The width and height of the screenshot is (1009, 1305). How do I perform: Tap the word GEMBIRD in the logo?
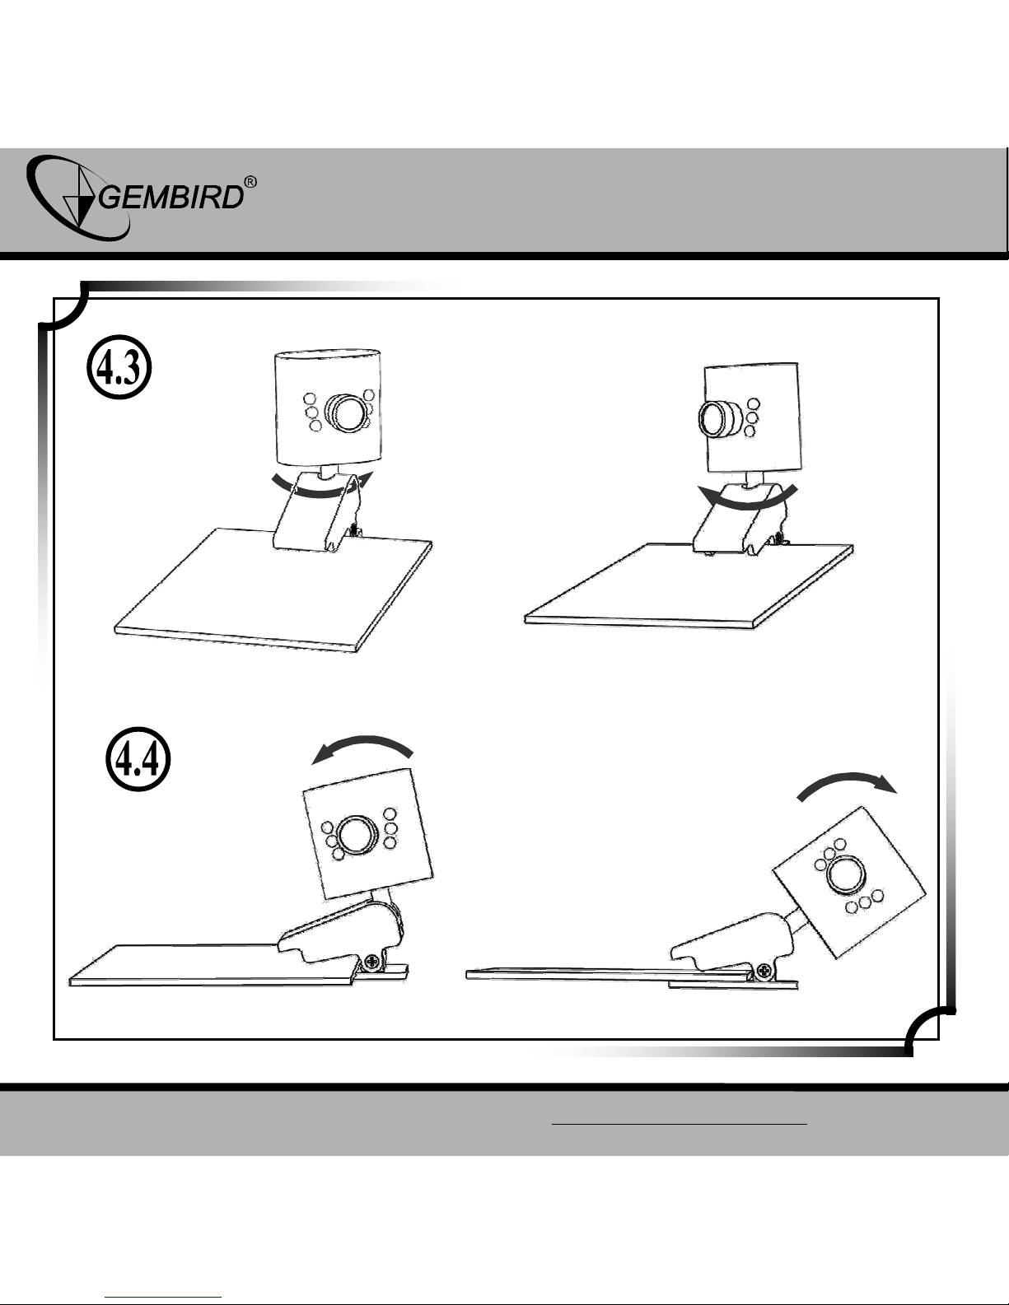click(x=171, y=197)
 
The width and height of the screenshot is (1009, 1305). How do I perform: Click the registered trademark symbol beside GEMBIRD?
click(x=250, y=182)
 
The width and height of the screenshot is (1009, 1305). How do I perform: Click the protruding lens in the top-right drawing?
click(x=718, y=417)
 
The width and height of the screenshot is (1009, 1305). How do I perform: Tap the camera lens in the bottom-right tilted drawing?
click(x=846, y=874)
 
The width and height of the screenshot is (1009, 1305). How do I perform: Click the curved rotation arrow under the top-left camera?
click(x=322, y=493)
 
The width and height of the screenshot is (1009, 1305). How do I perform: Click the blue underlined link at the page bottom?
click(x=167, y=1298)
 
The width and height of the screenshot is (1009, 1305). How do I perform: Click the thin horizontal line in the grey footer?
click(x=680, y=1122)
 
